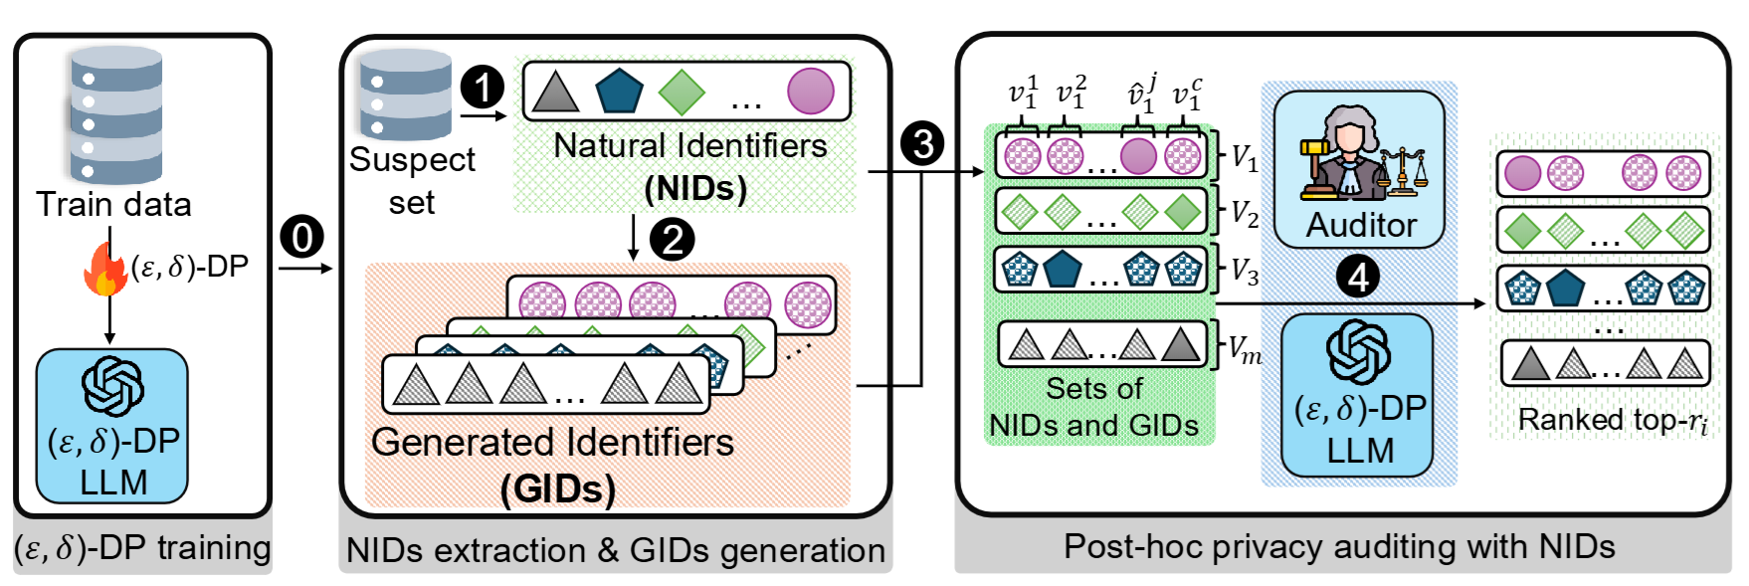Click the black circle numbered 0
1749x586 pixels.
point(302,237)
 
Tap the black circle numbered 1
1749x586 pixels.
point(483,88)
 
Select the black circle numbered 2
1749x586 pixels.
point(673,240)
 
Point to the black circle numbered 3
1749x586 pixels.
point(922,143)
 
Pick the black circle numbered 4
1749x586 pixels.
point(1359,278)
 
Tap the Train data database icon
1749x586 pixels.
point(115,115)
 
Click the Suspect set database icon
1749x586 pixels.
point(405,96)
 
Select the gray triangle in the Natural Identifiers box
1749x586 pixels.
point(555,92)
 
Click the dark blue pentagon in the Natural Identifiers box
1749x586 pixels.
point(619,92)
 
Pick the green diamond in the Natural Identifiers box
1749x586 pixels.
point(681,92)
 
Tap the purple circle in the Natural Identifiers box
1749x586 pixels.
point(811,92)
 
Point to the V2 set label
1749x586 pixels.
point(1245,212)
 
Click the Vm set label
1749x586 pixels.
point(1244,348)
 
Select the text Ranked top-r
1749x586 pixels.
point(1612,421)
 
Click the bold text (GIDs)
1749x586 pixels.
point(557,488)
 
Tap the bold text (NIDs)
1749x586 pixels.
point(694,188)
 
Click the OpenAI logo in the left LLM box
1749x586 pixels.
point(111,386)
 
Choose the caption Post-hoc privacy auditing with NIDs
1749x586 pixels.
point(1339,546)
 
